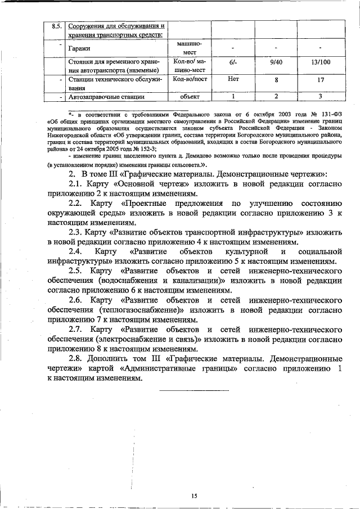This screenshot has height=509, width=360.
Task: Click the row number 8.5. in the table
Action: coord(56,26)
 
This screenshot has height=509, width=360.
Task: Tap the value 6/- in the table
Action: coord(233,64)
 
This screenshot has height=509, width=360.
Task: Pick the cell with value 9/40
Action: coord(276,64)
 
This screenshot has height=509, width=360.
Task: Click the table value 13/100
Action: coord(320,64)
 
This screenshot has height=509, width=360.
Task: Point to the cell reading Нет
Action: coord(233,80)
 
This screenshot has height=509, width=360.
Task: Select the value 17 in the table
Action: coord(320,80)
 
